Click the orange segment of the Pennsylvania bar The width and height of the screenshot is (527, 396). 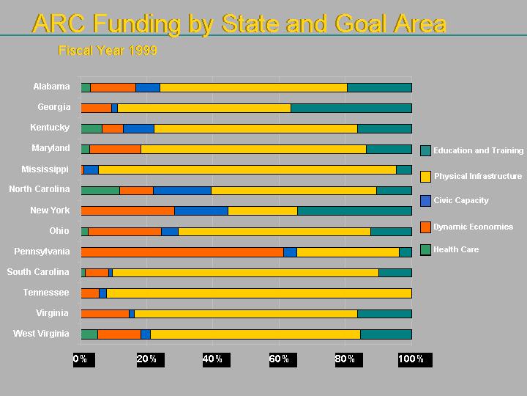pyautogui.click(x=182, y=252)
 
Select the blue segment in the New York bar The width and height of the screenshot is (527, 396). pyautogui.click(x=201, y=211)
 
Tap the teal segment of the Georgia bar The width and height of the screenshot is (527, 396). pyautogui.click(x=351, y=108)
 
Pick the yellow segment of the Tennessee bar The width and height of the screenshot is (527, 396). pyautogui.click(x=259, y=293)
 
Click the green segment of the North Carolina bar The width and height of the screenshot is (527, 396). pyautogui.click(x=100, y=191)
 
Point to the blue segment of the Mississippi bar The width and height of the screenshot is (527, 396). pyautogui.click(x=91, y=170)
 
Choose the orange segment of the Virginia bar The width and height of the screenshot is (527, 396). pyautogui.click(x=105, y=314)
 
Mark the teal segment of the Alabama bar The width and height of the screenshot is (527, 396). pyautogui.click(x=379, y=87)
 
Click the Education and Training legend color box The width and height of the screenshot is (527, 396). pyautogui.click(x=425, y=150)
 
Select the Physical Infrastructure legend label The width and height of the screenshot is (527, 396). pyautogui.click(x=478, y=176)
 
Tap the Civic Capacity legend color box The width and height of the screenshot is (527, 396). pyautogui.click(x=425, y=201)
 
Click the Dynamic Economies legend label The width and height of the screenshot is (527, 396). pyautogui.click(x=473, y=227)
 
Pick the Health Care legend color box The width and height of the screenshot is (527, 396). pyautogui.click(x=425, y=249)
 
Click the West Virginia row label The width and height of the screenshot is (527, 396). pyautogui.click(x=41, y=334)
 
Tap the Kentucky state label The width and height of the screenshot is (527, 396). pyautogui.click(x=50, y=128)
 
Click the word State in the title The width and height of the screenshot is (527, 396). pyautogui.click(x=247, y=23)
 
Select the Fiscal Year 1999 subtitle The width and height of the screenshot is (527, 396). pyautogui.click(x=108, y=51)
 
